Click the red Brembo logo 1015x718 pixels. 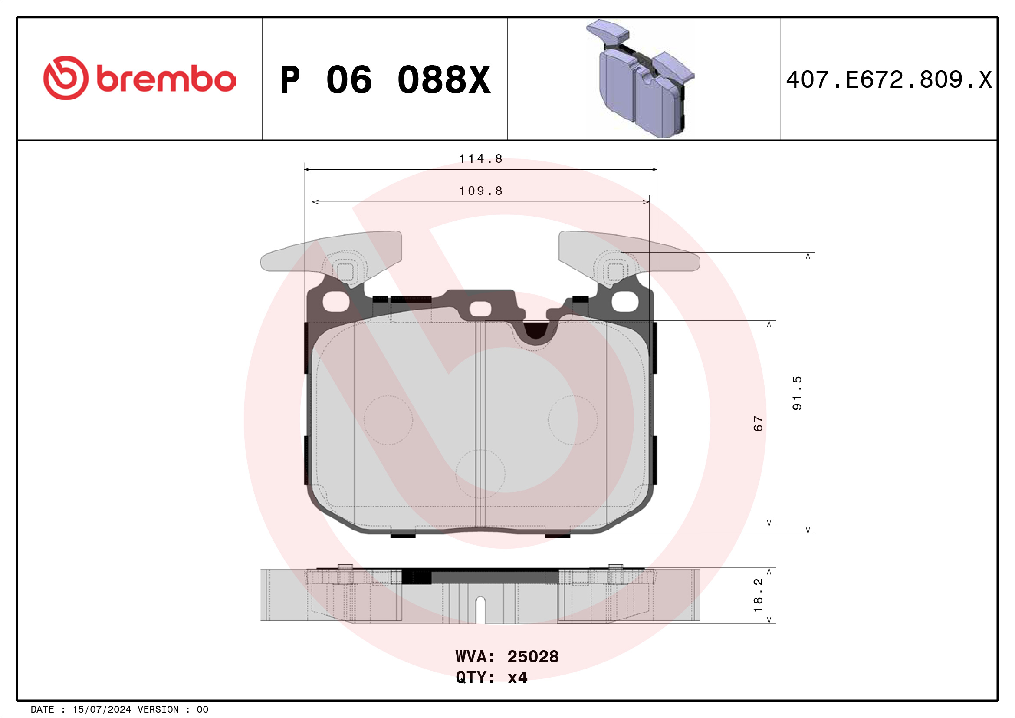tap(139, 78)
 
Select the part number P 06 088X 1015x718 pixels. tap(385, 80)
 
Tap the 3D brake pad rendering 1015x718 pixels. tap(641, 79)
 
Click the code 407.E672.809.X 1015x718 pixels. tap(889, 80)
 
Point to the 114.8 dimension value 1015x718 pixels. tap(480, 159)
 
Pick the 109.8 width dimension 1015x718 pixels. tap(480, 191)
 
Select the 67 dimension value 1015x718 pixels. tap(758, 423)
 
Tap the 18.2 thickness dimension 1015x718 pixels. tap(758, 595)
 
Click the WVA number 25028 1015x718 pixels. tap(533, 656)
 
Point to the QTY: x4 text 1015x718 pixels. tap(491, 677)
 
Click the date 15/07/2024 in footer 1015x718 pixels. tap(102, 710)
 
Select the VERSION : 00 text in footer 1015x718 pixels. tap(172, 710)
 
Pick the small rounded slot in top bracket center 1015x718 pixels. tap(480, 309)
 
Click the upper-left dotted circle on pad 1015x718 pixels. tap(388, 420)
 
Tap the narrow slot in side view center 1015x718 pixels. tap(480, 610)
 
